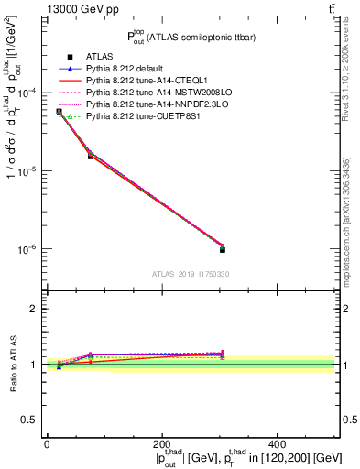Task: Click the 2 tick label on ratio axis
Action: pos(34,309)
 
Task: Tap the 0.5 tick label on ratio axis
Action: pos(29,420)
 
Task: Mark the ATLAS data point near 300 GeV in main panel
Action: pos(222,249)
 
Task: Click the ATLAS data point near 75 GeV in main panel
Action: pos(90,156)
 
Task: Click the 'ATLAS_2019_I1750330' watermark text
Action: pos(191,274)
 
